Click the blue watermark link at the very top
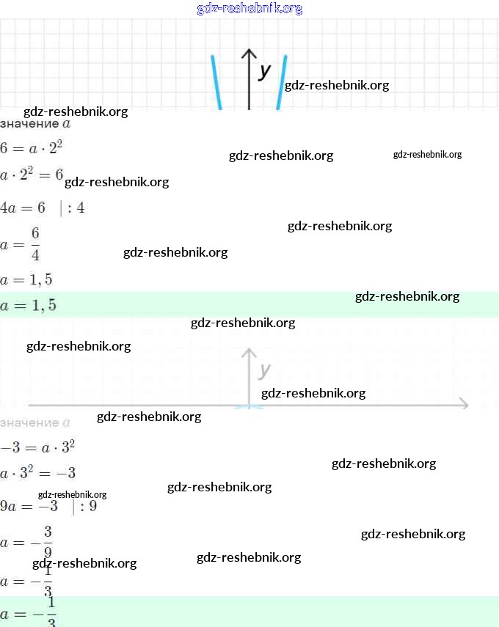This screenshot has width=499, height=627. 249,9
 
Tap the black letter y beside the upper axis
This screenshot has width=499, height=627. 265,70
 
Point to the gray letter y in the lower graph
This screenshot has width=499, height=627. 265,370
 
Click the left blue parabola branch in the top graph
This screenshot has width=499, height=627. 216,82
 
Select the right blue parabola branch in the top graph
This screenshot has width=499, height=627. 281,82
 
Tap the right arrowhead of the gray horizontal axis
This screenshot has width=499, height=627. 462,404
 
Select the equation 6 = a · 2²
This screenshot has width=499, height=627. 32,148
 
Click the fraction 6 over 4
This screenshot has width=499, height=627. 35,244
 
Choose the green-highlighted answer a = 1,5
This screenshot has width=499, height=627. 29,305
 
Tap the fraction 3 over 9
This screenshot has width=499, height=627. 47,543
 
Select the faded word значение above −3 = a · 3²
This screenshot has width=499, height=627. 29,423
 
